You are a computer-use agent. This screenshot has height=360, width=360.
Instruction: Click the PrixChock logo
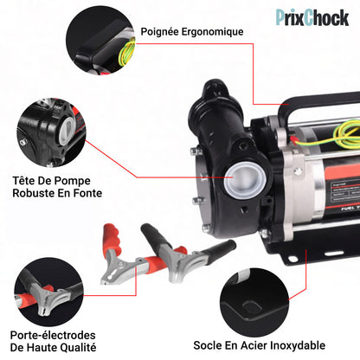[x=312, y=16]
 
